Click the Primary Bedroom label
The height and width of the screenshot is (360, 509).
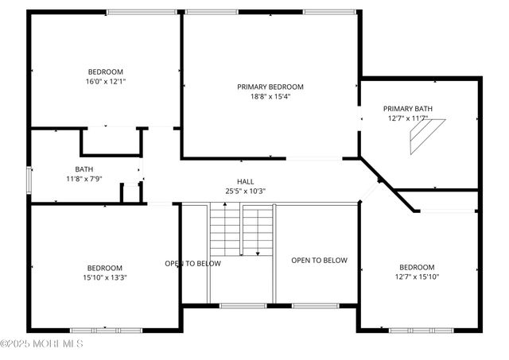coord(270,87)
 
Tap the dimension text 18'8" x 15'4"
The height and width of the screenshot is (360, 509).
coord(270,97)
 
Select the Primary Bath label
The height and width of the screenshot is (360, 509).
coord(407,108)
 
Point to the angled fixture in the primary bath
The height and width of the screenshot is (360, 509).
coord(422,137)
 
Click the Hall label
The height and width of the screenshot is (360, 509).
coord(245,181)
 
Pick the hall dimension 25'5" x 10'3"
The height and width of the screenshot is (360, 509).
coord(245,191)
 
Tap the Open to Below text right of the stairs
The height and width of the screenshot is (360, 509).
coord(319,260)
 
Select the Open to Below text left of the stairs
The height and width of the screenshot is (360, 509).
coord(192,263)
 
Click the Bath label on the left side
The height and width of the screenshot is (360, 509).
coord(84,169)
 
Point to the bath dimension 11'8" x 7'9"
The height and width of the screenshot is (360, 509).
coord(84,179)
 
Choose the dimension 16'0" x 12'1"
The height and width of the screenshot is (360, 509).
coord(105,81)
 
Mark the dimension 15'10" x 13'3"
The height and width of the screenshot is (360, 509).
coord(105,277)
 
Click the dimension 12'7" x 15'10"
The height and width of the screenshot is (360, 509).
coord(417,277)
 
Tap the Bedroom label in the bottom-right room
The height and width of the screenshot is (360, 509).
coord(417,267)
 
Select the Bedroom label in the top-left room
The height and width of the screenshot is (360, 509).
coord(105,71)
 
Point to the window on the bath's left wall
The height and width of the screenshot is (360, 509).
coord(30,180)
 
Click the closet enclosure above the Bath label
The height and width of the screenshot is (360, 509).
coord(111,141)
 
